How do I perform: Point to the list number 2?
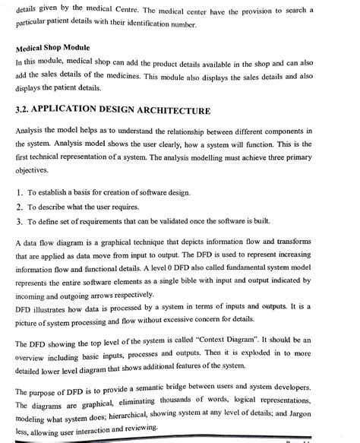coord(20,206)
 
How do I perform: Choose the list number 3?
coord(20,221)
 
